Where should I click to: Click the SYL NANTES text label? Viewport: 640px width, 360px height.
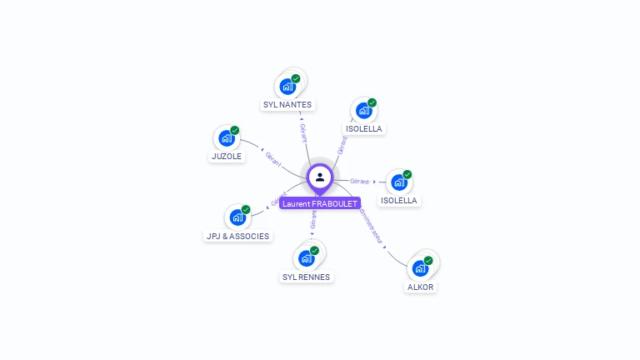point(287,105)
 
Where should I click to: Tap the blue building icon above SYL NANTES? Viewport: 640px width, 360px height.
point(287,86)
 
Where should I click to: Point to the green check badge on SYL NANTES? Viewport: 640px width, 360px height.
point(296,78)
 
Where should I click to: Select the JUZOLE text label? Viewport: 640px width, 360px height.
point(226,156)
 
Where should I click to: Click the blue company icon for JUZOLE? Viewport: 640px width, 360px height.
point(226,137)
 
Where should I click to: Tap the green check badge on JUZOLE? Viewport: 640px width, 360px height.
point(235,130)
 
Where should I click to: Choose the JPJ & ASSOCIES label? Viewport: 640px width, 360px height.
point(238,236)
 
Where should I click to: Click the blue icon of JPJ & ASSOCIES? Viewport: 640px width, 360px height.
point(237,217)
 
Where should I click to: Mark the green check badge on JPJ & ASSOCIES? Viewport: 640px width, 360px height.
point(246,209)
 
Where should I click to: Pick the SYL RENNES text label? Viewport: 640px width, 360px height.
point(306,277)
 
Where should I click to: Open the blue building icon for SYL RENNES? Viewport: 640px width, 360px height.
point(306,258)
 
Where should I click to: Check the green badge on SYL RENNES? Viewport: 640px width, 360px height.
point(314,250)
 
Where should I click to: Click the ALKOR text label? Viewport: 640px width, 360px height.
point(420,287)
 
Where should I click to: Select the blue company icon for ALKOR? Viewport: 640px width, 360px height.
point(420,268)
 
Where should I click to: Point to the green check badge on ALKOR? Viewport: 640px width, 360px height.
point(428,260)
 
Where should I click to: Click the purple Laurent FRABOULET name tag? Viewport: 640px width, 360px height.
point(320,203)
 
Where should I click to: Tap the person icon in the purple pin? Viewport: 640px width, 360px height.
point(320,177)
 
